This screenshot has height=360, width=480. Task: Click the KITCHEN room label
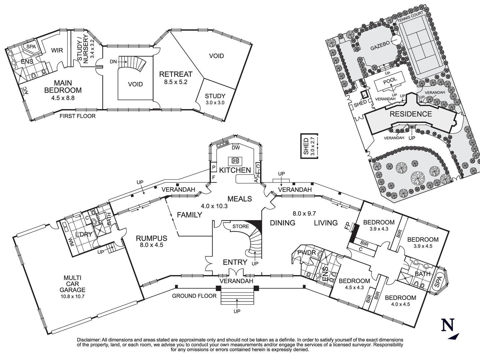click(x=235, y=170)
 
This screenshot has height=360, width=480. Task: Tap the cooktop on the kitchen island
click(x=235, y=160)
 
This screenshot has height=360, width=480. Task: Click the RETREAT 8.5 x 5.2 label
click(x=175, y=77)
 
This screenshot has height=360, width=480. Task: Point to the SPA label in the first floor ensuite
click(x=31, y=47)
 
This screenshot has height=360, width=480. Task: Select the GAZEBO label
click(x=379, y=46)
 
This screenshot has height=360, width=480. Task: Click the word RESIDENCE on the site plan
click(x=410, y=114)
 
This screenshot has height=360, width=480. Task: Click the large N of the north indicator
click(x=447, y=325)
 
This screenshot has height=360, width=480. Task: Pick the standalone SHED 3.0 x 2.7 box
click(x=309, y=146)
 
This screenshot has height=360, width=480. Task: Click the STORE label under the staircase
click(x=241, y=226)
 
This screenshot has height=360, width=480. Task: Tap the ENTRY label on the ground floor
click(x=235, y=262)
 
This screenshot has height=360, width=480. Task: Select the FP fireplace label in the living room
click(x=347, y=227)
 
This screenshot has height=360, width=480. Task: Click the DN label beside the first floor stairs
click(x=113, y=61)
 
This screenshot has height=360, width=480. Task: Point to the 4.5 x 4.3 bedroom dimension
click(x=354, y=287)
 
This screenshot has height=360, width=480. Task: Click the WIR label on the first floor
click(x=57, y=50)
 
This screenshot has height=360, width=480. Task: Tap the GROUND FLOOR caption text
click(x=194, y=296)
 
